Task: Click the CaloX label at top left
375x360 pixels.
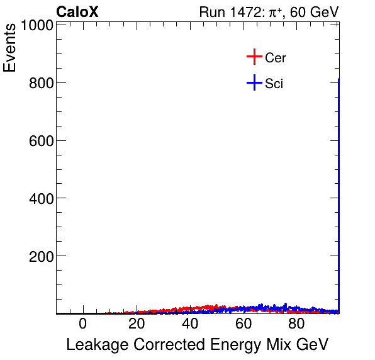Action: pos(77,12)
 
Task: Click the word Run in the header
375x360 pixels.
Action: pos(211,12)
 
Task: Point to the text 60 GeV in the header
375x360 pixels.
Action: pos(315,12)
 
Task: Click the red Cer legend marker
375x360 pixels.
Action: pos(254,57)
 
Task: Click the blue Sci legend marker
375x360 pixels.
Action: pos(254,82)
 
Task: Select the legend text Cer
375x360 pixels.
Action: pos(276,58)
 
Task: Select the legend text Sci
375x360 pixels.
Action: pos(274,83)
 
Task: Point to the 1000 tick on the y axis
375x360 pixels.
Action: pos(36,25)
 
